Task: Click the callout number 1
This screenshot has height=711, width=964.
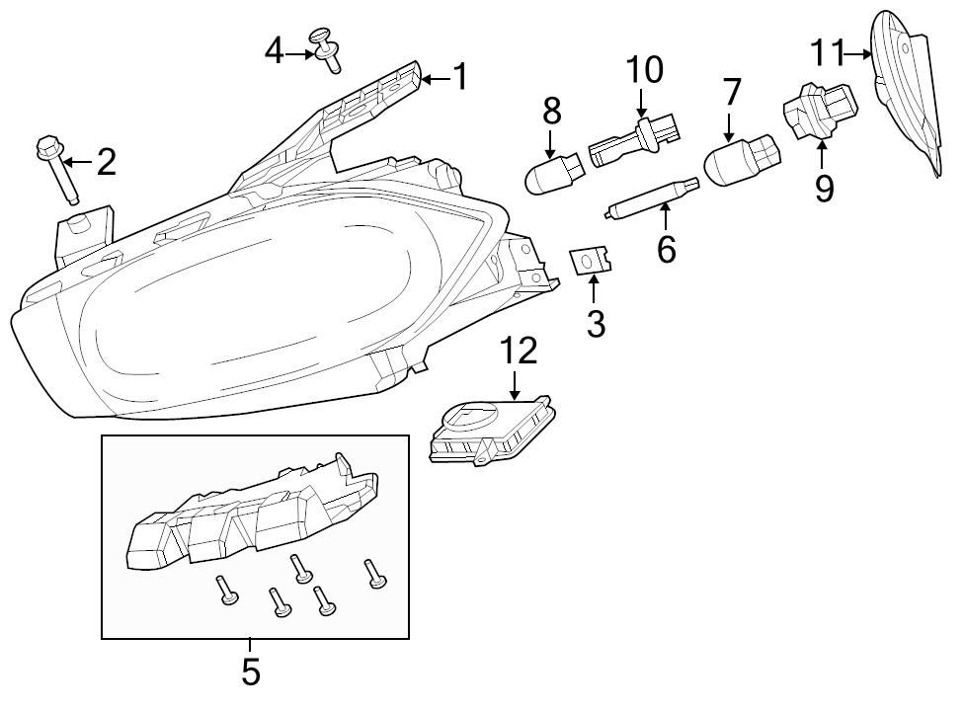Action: tap(460, 77)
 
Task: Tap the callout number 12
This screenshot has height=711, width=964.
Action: tap(519, 351)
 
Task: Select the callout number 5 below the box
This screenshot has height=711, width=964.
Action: tap(251, 671)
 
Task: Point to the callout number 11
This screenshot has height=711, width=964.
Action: tap(825, 53)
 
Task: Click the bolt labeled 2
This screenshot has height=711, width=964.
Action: tap(56, 169)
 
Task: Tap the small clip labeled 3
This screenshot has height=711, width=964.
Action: tap(592, 260)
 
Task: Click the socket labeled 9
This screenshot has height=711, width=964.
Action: tap(820, 112)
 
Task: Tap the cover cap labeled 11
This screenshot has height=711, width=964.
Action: tap(907, 92)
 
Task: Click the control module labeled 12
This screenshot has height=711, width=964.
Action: tap(493, 432)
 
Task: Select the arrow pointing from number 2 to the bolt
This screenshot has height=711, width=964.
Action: tap(77, 162)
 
